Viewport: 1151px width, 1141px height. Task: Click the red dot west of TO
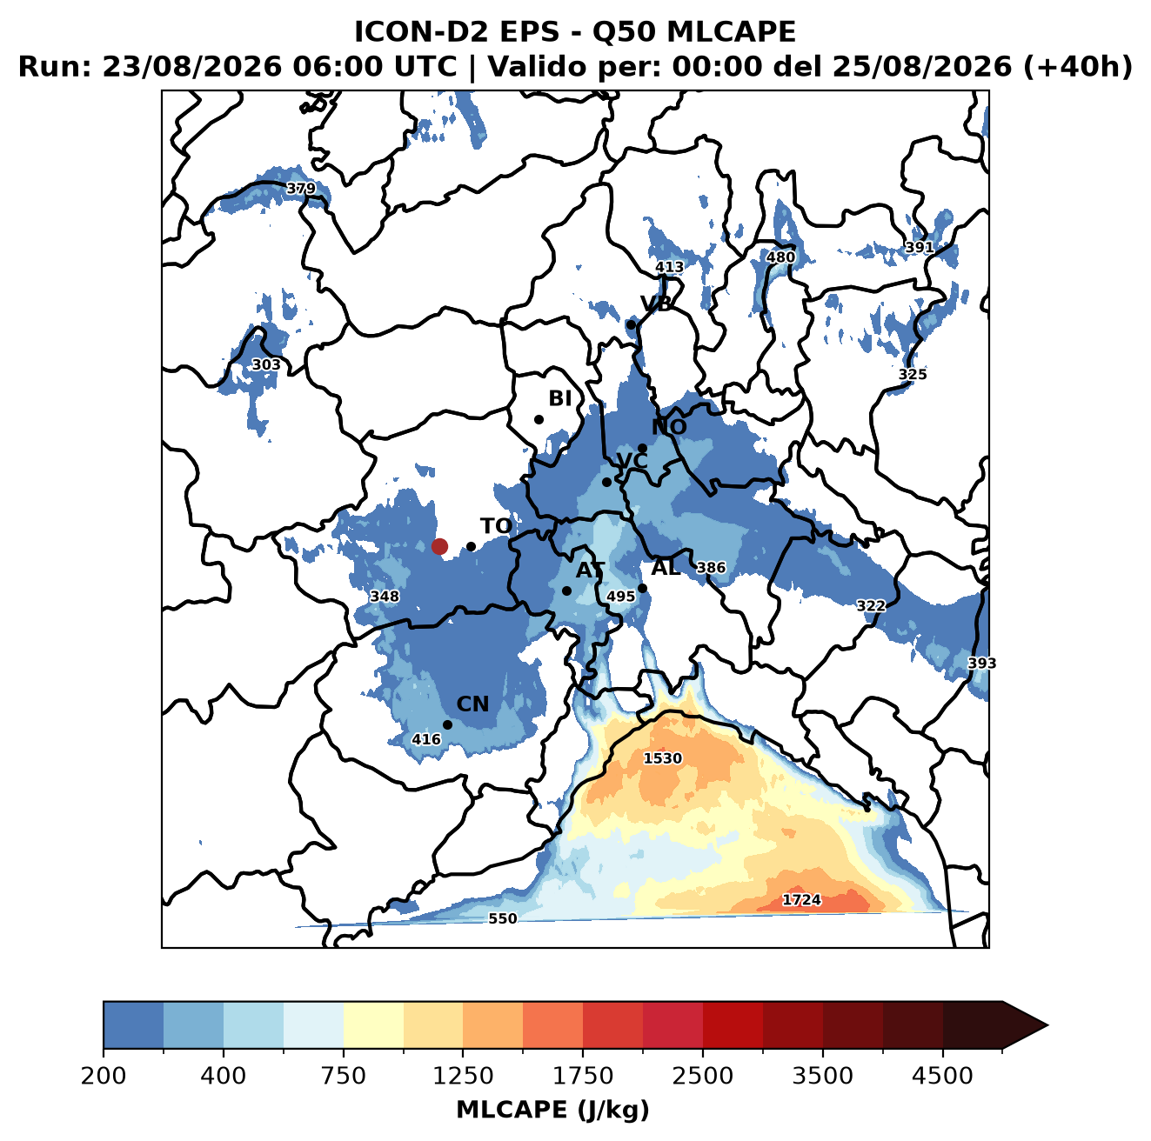coord(439,546)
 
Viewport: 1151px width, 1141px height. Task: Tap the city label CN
coord(472,704)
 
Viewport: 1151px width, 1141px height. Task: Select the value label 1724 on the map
coord(801,899)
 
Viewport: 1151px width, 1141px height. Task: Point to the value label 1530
coord(662,758)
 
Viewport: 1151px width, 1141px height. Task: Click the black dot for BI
coord(539,419)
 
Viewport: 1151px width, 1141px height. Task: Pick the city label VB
coord(656,304)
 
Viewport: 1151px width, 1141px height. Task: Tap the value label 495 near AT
coord(620,596)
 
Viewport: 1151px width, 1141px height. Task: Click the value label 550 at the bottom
coord(502,918)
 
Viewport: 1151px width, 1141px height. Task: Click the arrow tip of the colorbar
coord(1048,1025)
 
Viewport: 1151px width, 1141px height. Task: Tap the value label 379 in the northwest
coord(300,189)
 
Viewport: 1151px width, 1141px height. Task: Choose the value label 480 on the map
coord(780,257)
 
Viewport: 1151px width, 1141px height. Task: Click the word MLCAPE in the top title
coord(731,31)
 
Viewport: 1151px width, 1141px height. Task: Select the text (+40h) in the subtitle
coord(1078,67)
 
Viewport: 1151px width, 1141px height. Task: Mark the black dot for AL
coord(642,588)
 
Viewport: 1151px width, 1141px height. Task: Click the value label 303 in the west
coord(266,364)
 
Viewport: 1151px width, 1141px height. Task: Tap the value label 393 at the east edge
coord(982,663)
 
